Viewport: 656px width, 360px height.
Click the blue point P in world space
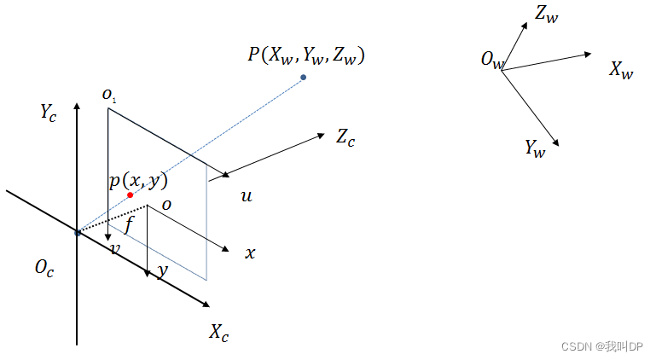click(x=303, y=78)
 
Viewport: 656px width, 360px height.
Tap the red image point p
click(x=131, y=195)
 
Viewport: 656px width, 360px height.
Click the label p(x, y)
click(x=138, y=180)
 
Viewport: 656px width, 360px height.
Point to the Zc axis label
click(x=345, y=136)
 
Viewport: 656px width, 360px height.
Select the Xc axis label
click(x=219, y=333)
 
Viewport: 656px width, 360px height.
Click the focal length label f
click(x=130, y=225)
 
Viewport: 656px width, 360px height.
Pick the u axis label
click(x=247, y=197)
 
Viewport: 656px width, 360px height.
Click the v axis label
click(x=115, y=248)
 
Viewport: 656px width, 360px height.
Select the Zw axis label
click(x=547, y=13)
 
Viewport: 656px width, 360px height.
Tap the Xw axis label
click(x=621, y=70)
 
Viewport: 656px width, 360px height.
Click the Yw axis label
click(x=535, y=148)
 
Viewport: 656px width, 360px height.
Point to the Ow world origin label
click(x=493, y=60)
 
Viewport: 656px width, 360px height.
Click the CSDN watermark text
click(x=603, y=345)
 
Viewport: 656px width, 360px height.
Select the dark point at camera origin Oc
click(x=78, y=232)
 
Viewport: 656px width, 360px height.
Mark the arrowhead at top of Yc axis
click(x=78, y=104)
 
